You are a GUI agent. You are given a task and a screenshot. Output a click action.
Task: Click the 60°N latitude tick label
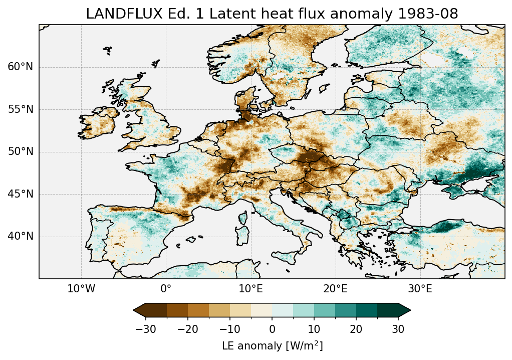click(20, 67)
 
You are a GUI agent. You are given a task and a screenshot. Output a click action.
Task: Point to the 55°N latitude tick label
click(20, 109)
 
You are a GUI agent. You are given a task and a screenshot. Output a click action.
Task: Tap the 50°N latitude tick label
click(20, 152)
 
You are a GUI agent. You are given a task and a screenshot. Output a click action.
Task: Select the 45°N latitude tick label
click(20, 194)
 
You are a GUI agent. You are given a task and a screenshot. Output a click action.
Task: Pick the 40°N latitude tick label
click(20, 236)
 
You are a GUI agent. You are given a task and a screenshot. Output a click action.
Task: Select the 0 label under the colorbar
click(272, 329)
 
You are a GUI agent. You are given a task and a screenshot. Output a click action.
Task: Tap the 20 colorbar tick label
click(356, 329)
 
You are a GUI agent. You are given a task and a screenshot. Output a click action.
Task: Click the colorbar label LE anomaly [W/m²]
click(272, 346)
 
